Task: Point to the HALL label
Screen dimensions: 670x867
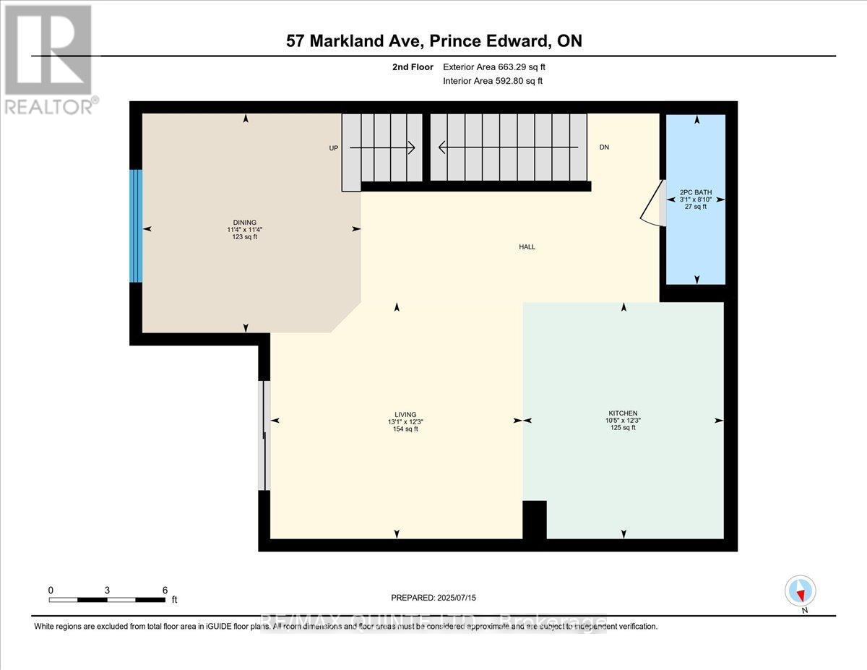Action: tap(527, 247)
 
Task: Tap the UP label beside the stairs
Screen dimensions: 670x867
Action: tap(333, 147)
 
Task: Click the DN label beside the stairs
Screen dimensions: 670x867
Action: tap(604, 147)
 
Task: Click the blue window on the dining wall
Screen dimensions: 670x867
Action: tap(135, 226)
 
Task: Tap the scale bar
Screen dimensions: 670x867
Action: tap(107, 599)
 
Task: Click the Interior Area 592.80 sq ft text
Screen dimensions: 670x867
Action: tap(492, 81)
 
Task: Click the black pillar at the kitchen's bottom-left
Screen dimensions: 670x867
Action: tap(534, 520)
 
